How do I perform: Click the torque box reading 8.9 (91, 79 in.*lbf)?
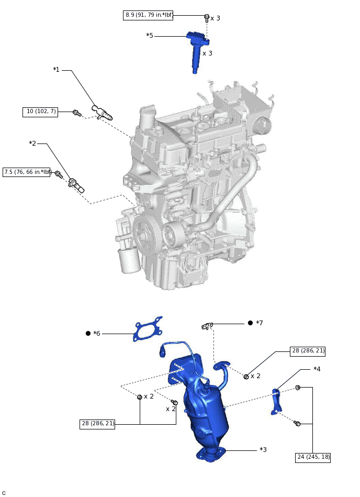148,15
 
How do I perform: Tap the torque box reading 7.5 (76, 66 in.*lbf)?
27,172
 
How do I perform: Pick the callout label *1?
57,70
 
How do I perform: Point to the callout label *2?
32,143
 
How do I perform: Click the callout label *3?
263,449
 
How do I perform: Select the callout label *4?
317,369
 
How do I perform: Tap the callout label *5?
150,36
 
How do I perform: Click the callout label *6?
97,333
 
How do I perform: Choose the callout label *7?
260,323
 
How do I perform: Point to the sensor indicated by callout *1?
102,113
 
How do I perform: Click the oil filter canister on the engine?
129,260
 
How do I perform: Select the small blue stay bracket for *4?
276,401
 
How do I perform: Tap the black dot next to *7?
250,323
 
